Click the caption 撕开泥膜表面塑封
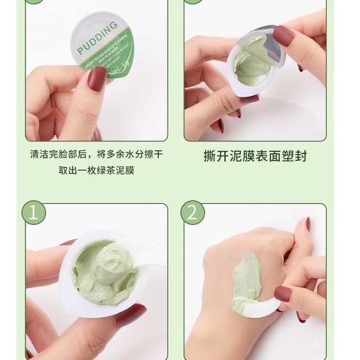click(263, 155)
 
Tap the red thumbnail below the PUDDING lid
click(96, 77)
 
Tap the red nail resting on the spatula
click(283, 293)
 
